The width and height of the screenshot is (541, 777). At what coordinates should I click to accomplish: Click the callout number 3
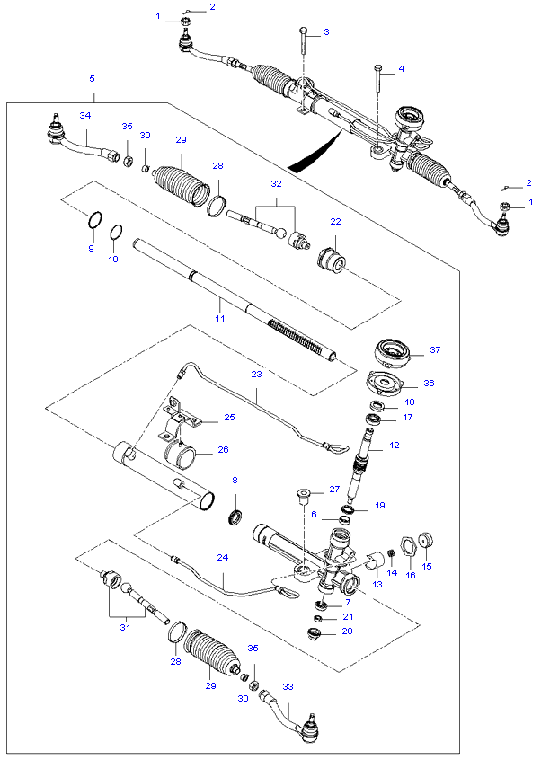tap(326, 32)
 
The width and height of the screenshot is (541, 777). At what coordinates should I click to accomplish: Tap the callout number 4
tap(402, 69)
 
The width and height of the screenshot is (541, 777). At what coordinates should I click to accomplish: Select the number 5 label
tap(93, 79)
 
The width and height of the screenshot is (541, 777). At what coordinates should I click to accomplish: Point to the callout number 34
tap(85, 116)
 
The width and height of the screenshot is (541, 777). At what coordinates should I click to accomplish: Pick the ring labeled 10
tap(116, 234)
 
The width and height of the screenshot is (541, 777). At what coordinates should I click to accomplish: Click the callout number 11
tap(218, 318)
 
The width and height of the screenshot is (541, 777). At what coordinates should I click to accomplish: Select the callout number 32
tap(276, 183)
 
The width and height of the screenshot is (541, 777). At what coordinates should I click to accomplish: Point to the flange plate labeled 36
tap(386, 384)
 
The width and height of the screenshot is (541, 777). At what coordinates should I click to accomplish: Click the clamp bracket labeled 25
tap(183, 419)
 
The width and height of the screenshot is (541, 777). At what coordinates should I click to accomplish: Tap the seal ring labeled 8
tap(236, 518)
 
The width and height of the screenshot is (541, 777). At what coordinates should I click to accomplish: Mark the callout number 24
tap(222, 558)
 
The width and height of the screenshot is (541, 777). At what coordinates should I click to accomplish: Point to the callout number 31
tap(125, 627)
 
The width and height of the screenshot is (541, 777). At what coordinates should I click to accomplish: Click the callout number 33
tap(288, 687)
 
